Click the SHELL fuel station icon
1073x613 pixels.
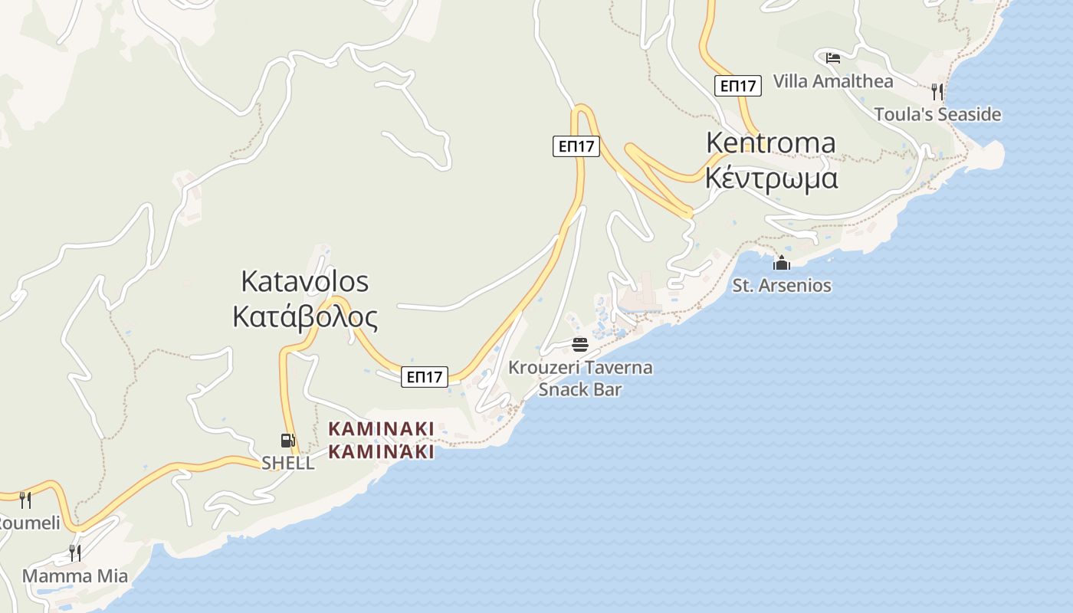coord(287,441)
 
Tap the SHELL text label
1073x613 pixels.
coord(288,463)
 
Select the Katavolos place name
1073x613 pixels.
coord(304,281)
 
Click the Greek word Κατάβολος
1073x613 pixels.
coord(305,316)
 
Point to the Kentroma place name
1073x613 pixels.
coord(770,143)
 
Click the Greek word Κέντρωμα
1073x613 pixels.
coord(770,178)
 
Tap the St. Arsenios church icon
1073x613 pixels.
coord(782,264)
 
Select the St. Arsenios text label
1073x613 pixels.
coord(782,286)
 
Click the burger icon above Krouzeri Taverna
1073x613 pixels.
coord(580,344)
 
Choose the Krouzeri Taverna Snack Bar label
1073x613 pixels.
coord(580,378)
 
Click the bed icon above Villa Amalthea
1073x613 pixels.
coord(833,57)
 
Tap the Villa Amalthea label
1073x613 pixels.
coord(833,80)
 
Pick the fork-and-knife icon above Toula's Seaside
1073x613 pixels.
coord(937,92)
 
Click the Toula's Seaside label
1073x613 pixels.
coord(937,114)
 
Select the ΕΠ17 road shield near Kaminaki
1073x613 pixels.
coord(424,376)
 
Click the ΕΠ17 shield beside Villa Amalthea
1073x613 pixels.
coord(738,86)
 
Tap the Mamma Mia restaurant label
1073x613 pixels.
coord(75,575)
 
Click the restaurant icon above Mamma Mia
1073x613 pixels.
coord(75,552)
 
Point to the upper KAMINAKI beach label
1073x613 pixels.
coord(381,428)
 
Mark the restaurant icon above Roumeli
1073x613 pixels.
coord(25,500)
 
